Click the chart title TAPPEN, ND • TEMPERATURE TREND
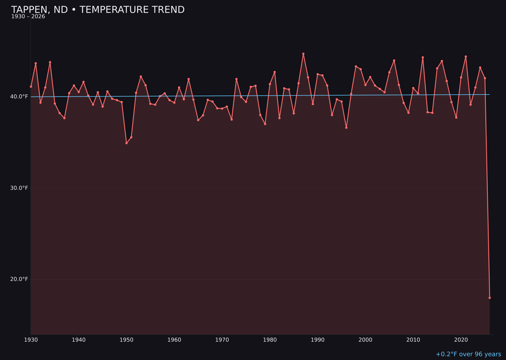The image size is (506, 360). (97, 10)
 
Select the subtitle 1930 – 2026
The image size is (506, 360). (28, 17)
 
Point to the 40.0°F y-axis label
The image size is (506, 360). (20, 97)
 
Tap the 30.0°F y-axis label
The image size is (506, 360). (20, 188)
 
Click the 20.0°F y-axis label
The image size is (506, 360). (20, 279)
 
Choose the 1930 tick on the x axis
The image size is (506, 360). (31, 340)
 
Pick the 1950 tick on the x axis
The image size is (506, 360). (126, 340)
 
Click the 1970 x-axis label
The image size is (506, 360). (222, 340)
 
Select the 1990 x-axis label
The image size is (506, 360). (318, 340)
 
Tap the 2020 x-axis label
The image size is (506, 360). (461, 340)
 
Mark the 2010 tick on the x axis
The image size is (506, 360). (413, 340)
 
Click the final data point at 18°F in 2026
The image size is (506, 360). (490, 298)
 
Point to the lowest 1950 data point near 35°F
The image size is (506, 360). (126, 143)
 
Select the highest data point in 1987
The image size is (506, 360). (303, 54)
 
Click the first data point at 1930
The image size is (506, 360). (31, 86)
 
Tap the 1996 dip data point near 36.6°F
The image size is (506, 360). (346, 127)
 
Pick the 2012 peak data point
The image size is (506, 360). (423, 58)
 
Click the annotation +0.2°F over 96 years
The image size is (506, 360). (468, 354)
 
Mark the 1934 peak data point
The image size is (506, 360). (50, 62)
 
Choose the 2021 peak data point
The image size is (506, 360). (466, 57)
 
